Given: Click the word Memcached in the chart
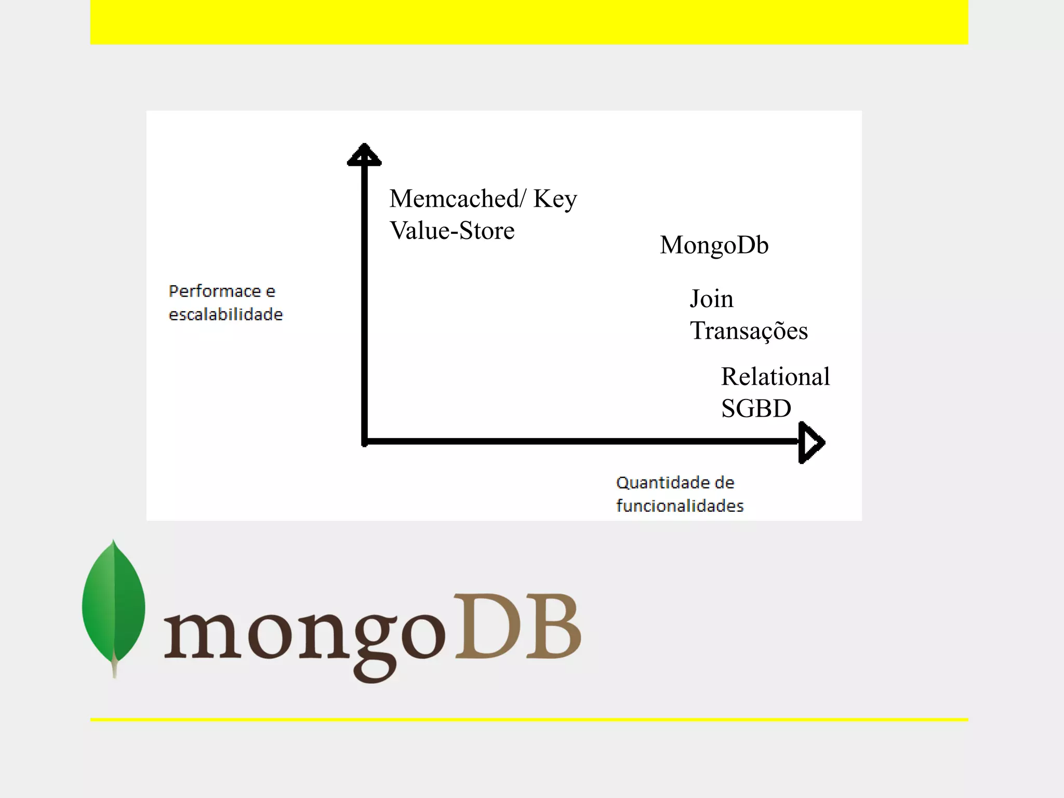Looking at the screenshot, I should [454, 198].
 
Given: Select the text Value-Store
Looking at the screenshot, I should [452, 231].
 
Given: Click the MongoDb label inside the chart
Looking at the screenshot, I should [714, 245].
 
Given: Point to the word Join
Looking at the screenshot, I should [711, 299].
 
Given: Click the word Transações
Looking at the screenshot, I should [749, 331].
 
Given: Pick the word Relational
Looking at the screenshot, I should [775, 377].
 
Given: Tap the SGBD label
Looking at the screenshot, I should [756, 408].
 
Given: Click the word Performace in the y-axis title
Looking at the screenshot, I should [215, 291].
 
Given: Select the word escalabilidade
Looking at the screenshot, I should [225, 314].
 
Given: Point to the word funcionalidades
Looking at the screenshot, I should [680, 506].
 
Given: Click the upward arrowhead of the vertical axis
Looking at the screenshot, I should [364, 155].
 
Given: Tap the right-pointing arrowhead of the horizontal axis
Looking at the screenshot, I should [811, 443].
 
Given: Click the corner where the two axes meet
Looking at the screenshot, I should [365, 442].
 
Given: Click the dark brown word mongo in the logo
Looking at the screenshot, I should [304, 636].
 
